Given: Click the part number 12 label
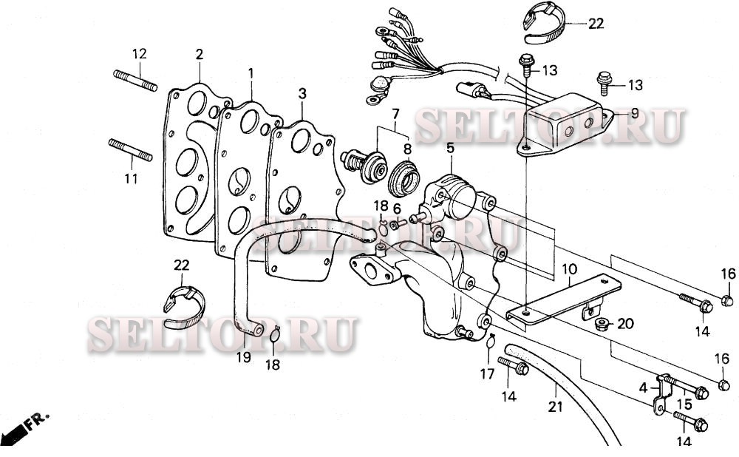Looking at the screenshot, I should (x=140, y=54).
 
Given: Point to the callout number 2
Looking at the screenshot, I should (x=199, y=55).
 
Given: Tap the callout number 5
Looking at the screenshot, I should (x=449, y=148).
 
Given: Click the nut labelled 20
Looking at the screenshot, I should (x=602, y=323).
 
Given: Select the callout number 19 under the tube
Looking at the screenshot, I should (x=244, y=357).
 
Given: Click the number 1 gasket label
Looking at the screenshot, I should (x=251, y=73).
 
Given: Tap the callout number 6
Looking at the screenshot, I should (x=397, y=209).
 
